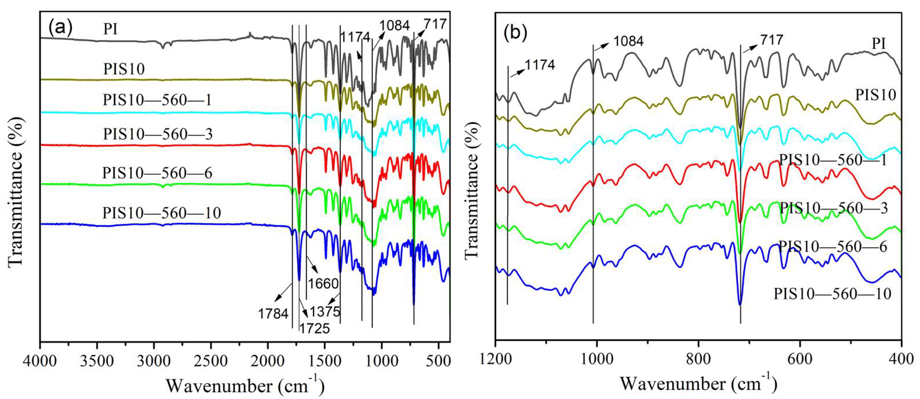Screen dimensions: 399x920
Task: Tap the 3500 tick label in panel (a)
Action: tap(97, 362)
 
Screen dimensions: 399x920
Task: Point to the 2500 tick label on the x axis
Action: tap(211, 362)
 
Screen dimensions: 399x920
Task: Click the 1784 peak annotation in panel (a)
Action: tap(273, 314)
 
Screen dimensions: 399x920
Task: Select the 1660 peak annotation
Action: tap(323, 284)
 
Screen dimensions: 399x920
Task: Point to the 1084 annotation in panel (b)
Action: tap(629, 41)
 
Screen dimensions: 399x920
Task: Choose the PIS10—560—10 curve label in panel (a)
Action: tap(162, 213)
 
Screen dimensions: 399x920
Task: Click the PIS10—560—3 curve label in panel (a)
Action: tap(158, 135)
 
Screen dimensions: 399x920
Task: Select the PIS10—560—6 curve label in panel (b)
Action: tap(833, 247)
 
